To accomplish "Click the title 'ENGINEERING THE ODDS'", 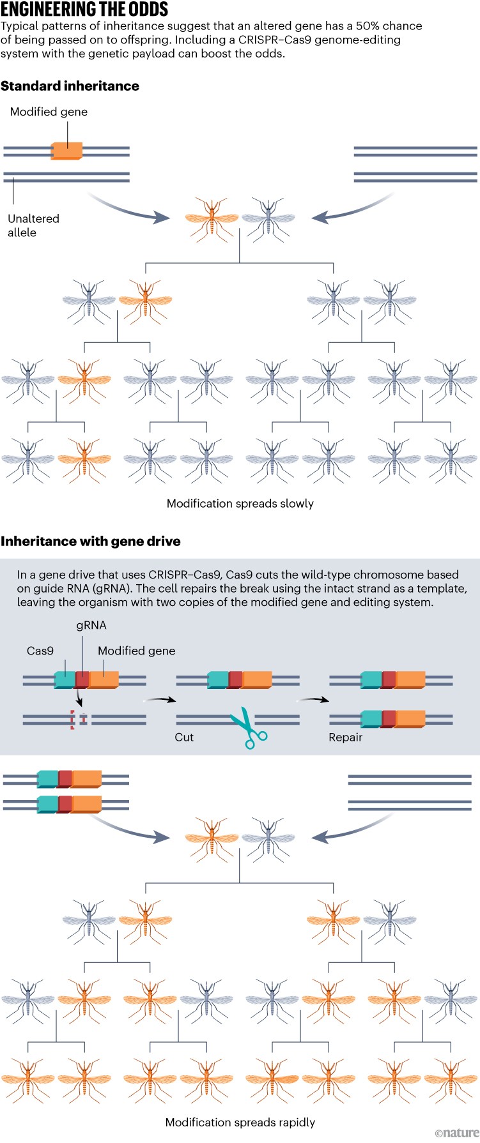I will click(84, 10).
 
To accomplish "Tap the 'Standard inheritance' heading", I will click(70, 86).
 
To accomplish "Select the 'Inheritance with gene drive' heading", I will click(90, 541).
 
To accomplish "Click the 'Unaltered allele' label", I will click(33, 225).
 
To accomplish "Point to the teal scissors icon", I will click(248, 727).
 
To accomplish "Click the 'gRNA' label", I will click(91, 625).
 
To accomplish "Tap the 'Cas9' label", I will click(40, 651).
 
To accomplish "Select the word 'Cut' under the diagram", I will click(184, 737).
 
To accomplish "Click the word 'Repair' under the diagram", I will click(345, 737).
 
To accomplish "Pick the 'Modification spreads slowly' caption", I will click(240, 503).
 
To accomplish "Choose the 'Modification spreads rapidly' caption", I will click(240, 1122).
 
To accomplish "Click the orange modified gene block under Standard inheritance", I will click(67, 151).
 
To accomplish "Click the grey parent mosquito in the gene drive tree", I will click(268, 838).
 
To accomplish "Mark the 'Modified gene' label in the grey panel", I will click(136, 651).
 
